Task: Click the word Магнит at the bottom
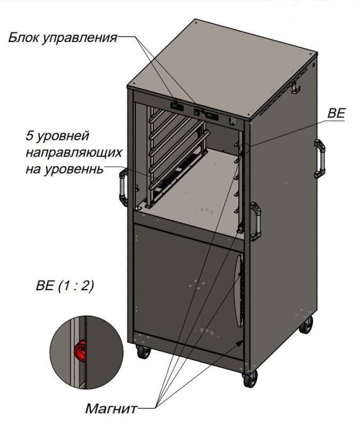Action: click(111, 408)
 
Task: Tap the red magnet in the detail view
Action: click(80, 351)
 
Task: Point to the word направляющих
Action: click(73, 153)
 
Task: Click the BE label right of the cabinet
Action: click(337, 113)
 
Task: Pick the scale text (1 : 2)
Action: click(76, 286)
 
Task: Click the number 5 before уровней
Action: click(29, 136)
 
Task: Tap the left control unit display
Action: click(177, 106)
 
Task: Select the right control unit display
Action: click(211, 116)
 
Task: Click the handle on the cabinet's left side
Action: click(124, 187)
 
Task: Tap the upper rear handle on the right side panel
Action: click(320, 159)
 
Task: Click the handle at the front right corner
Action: click(256, 221)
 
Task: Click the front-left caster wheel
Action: click(143, 352)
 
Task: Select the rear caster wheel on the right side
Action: click(306, 324)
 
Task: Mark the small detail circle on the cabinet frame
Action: click(244, 148)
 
